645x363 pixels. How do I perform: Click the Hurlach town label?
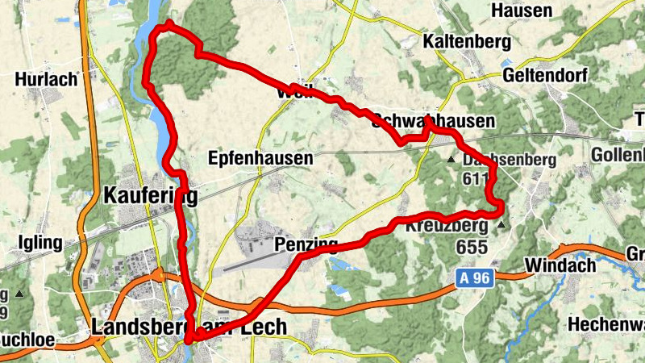46,79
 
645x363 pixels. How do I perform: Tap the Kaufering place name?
150,195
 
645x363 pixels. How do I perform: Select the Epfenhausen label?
260,159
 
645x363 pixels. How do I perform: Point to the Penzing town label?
306,244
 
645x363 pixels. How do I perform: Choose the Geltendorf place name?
544,75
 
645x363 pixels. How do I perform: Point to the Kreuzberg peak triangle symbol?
502,226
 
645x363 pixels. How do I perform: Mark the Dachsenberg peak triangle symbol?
451,160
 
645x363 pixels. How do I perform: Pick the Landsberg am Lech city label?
189,327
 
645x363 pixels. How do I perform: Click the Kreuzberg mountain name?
447,226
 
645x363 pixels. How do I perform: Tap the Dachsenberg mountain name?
510,161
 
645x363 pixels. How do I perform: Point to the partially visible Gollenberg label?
618,154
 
